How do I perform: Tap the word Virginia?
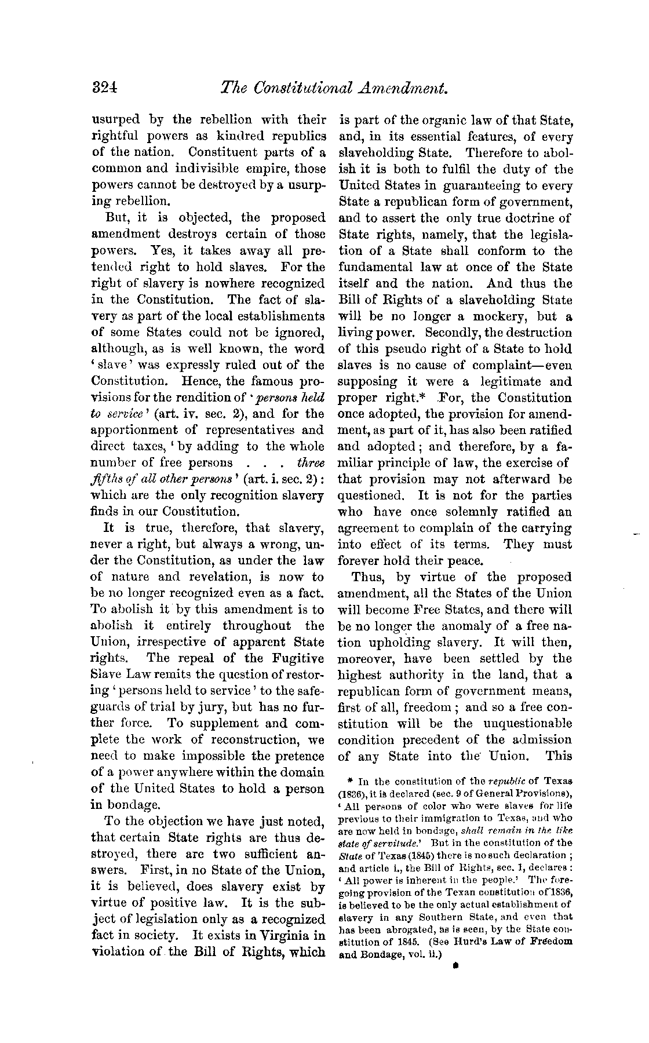click(288, 936)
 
